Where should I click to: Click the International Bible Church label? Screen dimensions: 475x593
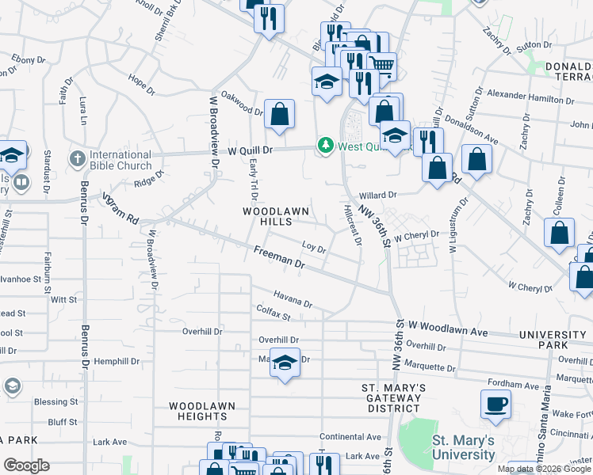tap(121, 160)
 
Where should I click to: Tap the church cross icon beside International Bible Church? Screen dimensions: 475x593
tap(77, 159)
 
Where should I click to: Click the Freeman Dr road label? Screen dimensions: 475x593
tap(279, 256)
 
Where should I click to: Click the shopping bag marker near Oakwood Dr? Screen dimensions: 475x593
tap(279, 116)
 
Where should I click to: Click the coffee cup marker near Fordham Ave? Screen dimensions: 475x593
tap(496, 404)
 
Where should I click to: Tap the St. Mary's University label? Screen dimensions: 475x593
tap(463, 447)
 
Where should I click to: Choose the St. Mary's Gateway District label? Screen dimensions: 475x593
tap(394, 398)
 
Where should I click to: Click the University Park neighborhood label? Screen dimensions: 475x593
tap(554, 340)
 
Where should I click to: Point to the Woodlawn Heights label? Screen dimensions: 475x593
tap(202, 411)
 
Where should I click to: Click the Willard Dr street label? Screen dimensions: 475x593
tap(377, 195)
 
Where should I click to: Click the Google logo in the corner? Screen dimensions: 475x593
tap(26, 465)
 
